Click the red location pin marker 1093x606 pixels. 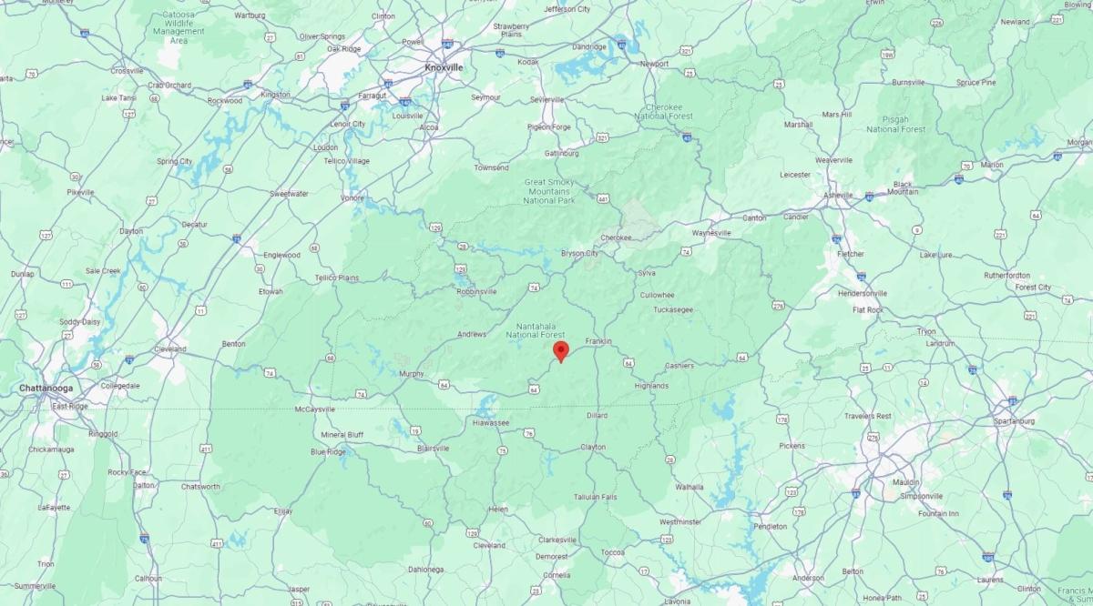click(x=561, y=351)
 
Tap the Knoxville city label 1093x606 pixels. click(x=444, y=67)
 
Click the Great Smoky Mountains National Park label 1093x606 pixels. click(x=546, y=191)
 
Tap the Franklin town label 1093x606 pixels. click(x=598, y=341)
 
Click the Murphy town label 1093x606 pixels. click(x=412, y=374)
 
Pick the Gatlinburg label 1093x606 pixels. click(x=561, y=153)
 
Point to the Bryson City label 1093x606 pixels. click(x=579, y=253)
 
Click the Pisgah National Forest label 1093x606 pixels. click(x=896, y=124)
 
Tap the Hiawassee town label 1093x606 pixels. click(x=491, y=423)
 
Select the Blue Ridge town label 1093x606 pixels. click(x=329, y=451)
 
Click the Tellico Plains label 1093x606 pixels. click(x=337, y=277)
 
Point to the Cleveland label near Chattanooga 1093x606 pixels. click(x=169, y=348)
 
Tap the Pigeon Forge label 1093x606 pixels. click(x=549, y=126)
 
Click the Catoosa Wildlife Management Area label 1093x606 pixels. click(x=179, y=28)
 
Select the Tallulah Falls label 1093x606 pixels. click(x=596, y=497)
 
